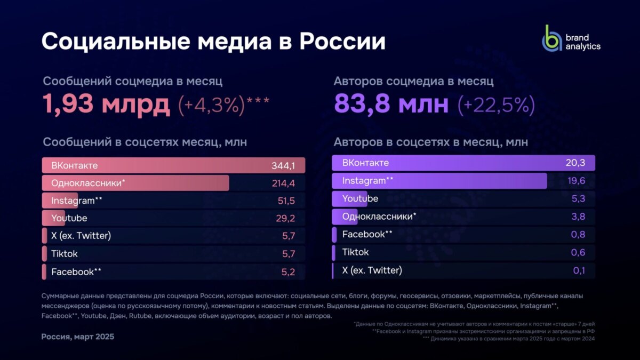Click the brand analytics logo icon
coord(552,38)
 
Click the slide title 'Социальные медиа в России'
coord(213,41)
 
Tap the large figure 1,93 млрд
coord(106,105)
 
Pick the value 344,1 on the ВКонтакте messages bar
coord(283,166)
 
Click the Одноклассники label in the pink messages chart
coord(88,183)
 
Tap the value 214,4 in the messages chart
coord(283,183)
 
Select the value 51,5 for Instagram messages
coord(285,201)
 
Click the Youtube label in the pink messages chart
coord(69,218)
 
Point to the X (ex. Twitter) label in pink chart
coord(81,236)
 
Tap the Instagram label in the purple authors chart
coord(367,181)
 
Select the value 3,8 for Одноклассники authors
coord(579,217)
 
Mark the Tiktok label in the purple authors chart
coord(355,252)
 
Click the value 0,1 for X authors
coord(579,270)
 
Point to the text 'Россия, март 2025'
coord(78,337)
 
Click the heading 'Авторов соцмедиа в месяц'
coord(413,81)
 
